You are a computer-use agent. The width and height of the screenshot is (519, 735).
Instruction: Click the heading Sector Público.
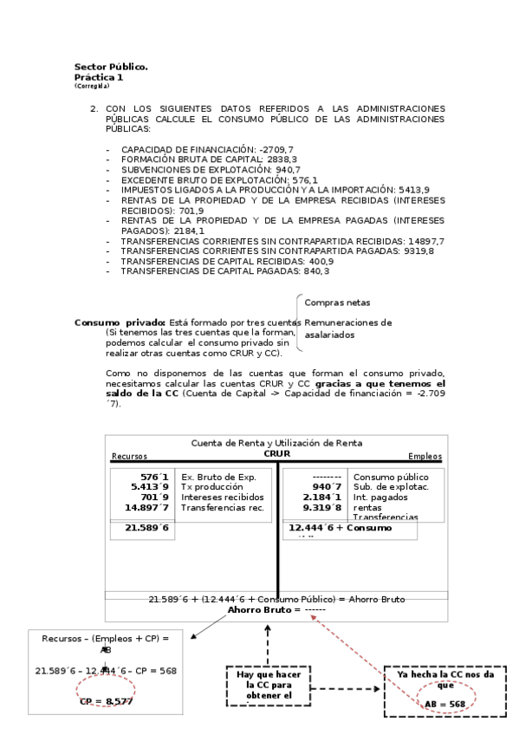tap(111, 67)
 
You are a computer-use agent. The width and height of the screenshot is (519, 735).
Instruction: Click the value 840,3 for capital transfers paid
tap(313, 271)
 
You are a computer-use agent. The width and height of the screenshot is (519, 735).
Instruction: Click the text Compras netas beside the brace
tap(337, 302)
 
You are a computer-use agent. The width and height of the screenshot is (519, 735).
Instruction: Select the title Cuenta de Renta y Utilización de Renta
tap(276, 442)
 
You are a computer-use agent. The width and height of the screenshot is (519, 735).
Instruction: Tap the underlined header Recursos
tap(129, 457)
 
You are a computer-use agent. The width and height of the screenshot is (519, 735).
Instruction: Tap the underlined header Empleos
tap(425, 457)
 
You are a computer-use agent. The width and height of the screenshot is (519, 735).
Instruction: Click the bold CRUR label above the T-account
tap(276, 452)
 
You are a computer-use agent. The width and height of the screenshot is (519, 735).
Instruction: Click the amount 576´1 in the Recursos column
tap(157, 477)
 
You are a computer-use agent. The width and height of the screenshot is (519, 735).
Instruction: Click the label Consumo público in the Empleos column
tap(391, 477)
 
